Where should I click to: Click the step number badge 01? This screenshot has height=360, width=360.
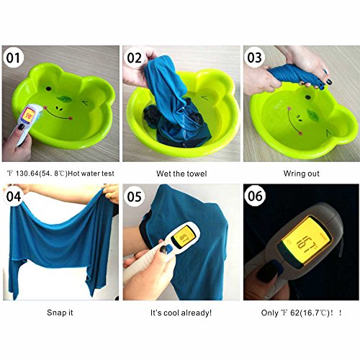pos(13,58)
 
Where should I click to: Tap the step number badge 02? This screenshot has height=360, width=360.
pos(134,58)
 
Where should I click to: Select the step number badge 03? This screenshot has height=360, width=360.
pos(255,58)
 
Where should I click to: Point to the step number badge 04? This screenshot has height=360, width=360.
pos(14,197)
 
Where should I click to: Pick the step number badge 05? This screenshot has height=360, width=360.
pos(134,197)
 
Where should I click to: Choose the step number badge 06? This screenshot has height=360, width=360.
pos(255,196)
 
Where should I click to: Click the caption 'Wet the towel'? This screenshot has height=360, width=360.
pos(181,174)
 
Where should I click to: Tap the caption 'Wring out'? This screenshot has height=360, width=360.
pos(302,174)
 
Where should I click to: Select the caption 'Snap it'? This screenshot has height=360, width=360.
pos(60,312)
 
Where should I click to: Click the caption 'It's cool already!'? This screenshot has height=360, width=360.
pos(181,312)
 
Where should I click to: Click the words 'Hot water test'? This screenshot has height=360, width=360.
pos(91,174)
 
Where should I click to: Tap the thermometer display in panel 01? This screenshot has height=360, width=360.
pos(28,114)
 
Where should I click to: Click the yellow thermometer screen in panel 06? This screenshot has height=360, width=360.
pos(307,240)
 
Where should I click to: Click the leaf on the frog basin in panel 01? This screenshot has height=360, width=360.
pos(64,99)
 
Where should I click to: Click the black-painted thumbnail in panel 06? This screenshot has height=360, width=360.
pos(267,272)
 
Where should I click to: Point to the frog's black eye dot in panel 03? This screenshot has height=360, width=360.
pos(307,97)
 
